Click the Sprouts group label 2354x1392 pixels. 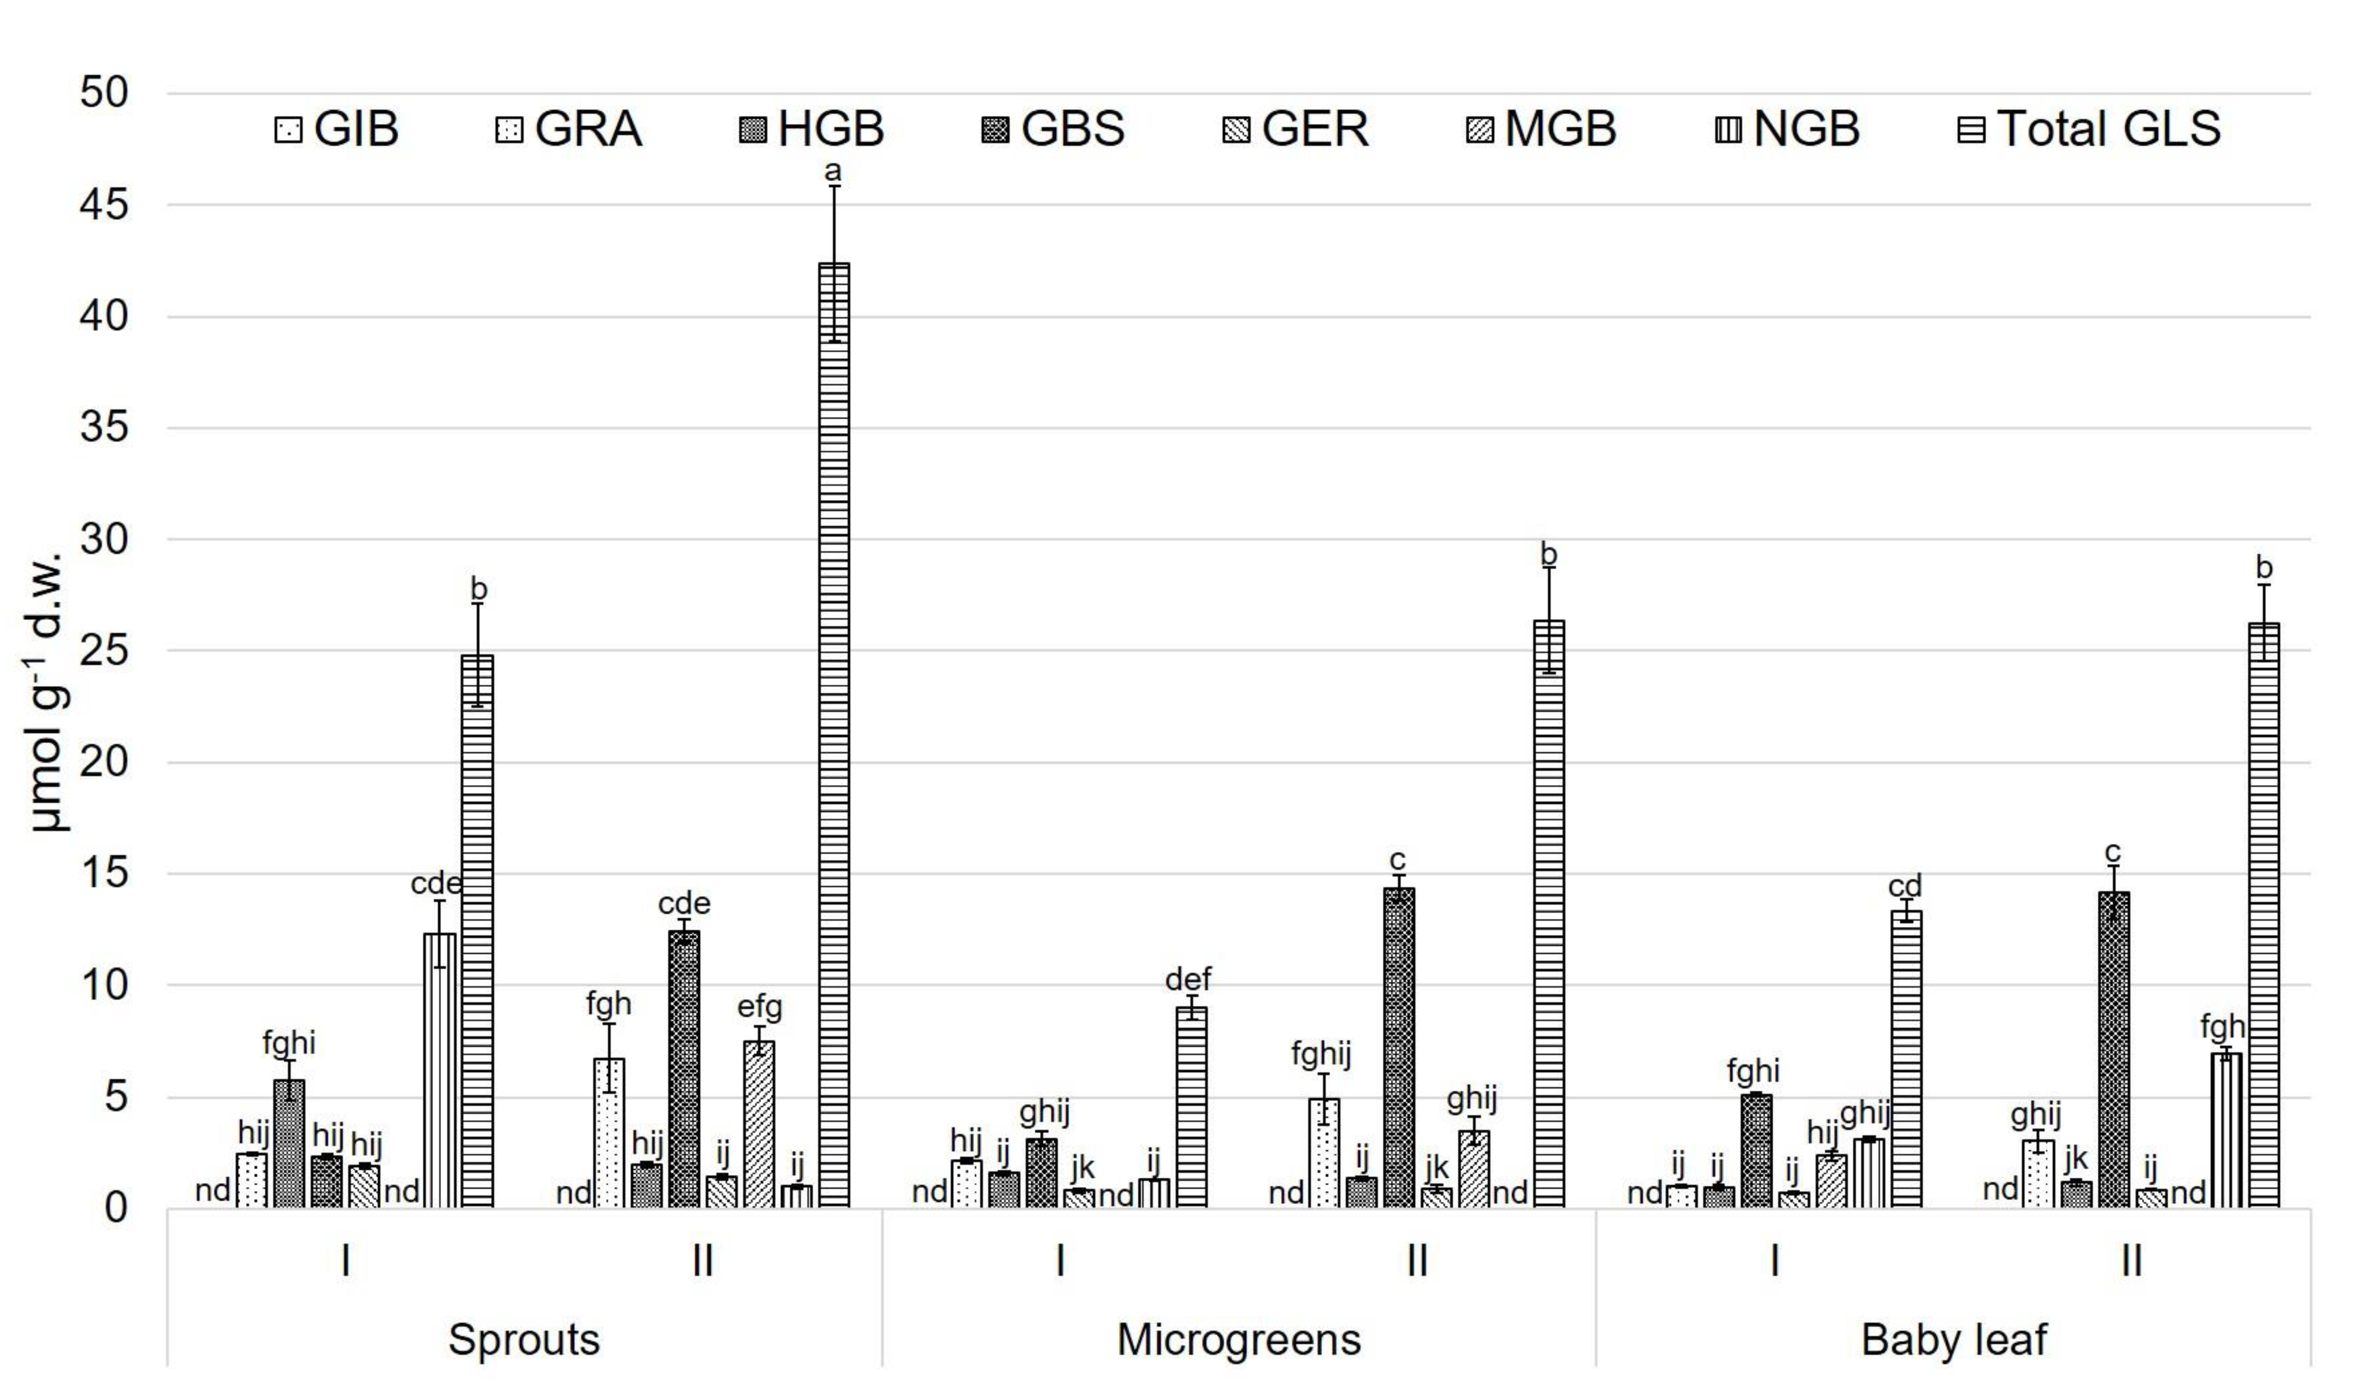524,1339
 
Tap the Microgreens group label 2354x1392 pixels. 1238,1339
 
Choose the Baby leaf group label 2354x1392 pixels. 1953,1339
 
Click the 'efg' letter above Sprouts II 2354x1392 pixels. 759,1007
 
